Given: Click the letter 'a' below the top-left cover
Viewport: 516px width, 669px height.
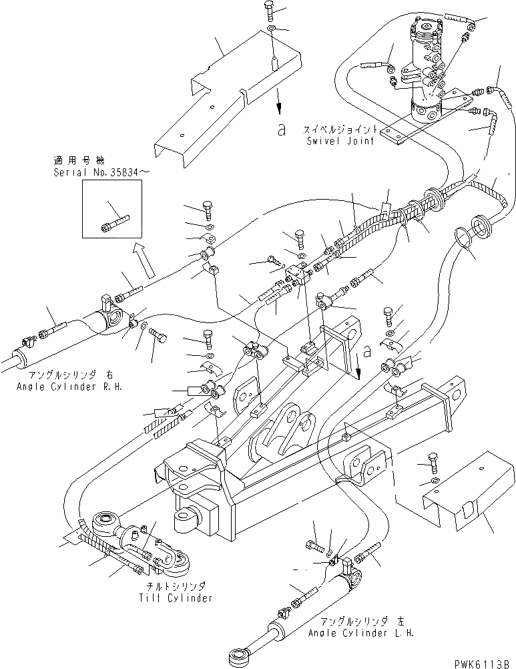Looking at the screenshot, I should [x=283, y=130].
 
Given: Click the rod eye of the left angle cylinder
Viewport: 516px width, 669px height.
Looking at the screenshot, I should [x=238, y=658].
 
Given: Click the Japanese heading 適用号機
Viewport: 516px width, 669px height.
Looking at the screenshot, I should [x=75, y=161].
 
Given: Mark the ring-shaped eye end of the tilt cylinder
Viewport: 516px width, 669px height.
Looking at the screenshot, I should [x=105, y=519].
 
